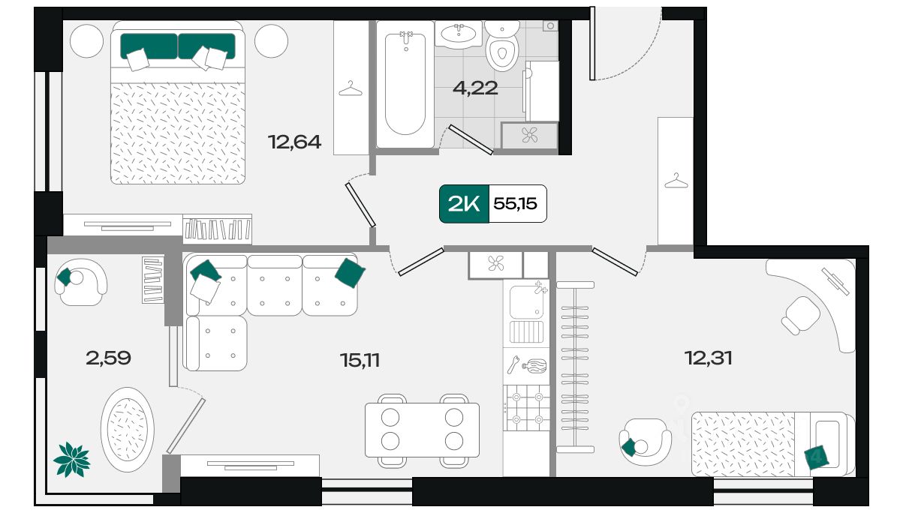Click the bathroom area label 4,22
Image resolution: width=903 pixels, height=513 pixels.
pos(475,88)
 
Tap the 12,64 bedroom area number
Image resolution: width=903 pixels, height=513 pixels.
pos(295,142)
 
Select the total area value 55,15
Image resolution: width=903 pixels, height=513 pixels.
pos(515,204)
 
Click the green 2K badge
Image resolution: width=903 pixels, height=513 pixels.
pos(464,204)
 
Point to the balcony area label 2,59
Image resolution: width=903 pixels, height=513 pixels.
pos(108,358)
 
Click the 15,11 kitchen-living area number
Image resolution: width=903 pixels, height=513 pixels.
pos(360,360)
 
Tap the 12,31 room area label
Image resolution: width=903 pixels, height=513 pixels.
pos(709,358)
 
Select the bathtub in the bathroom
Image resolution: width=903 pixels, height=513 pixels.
pos(405,84)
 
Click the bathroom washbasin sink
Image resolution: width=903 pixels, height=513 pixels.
pos(459,34)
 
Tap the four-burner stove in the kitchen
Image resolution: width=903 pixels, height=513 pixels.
pos(526,408)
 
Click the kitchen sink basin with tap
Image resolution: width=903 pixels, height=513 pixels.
pos(526,301)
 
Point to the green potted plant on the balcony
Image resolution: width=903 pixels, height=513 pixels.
pos(72,460)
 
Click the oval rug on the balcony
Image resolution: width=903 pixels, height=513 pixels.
pos(127,429)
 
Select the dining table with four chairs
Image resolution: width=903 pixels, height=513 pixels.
pos(422,430)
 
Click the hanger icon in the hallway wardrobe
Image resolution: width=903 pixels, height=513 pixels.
pos(676,181)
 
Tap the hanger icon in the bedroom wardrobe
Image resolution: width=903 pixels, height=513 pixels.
pos(351,88)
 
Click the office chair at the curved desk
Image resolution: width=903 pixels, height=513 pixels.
pos(800,315)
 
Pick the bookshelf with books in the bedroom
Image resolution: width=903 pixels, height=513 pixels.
pos(217,229)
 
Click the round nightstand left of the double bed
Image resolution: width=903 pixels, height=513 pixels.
pos(86,41)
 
